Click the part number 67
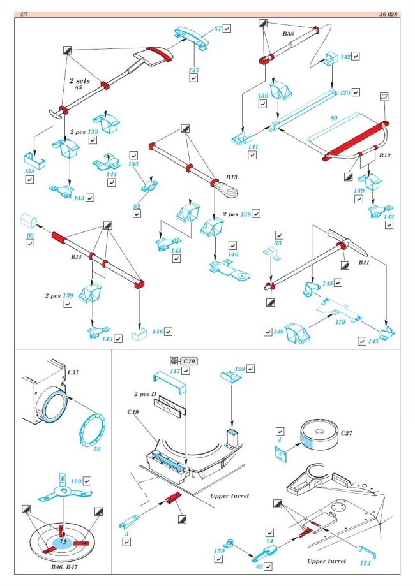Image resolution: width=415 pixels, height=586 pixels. coord(218,29)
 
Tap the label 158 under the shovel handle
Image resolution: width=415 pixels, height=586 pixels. coord(29,170)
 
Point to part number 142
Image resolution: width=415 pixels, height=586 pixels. coord(345,57)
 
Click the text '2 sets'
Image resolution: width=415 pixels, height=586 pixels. coord(81,82)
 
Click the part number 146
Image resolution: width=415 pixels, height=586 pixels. coord(158,332)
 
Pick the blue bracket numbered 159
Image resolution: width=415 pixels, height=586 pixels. coord(229,377)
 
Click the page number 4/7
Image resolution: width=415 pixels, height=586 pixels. coord(24,13)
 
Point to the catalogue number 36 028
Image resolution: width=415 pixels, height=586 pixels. coord(389,13)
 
